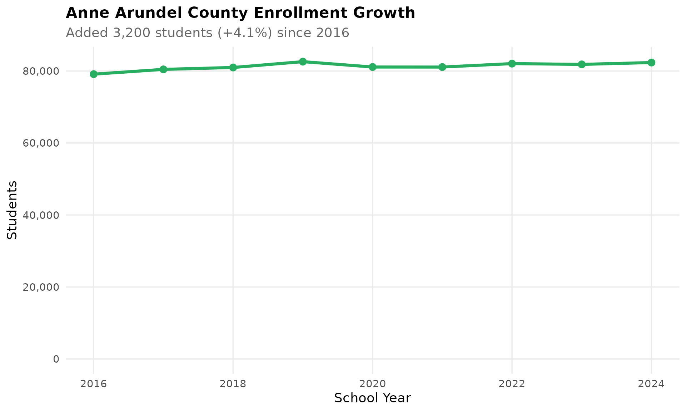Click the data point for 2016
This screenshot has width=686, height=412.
[x=94, y=74]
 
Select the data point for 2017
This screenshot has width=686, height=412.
[x=163, y=69]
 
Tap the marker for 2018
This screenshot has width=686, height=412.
[x=233, y=68]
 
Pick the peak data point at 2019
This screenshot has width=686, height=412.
[x=303, y=62]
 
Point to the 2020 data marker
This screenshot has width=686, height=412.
[x=372, y=67]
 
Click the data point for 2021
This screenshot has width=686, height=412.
[x=442, y=67]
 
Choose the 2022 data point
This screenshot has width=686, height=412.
[x=512, y=64]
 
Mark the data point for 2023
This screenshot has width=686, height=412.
[x=581, y=64]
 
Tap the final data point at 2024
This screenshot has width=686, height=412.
[x=651, y=63]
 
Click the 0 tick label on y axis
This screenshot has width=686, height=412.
[x=56, y=359]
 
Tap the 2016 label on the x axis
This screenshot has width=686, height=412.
[x=94, y=384]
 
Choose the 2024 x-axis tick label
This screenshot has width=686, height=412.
[x=651, y=384]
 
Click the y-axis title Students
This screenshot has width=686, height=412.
[x=13, y=210]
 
